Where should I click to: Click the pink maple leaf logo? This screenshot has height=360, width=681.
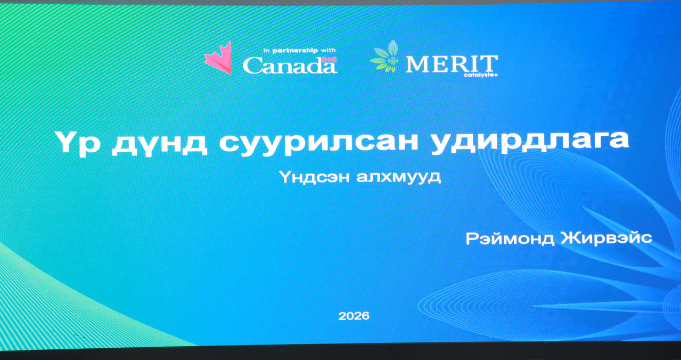pyautogui.click(x=218, y=58)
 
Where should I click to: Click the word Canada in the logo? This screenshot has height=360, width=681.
pyautogui.click(x=290, y=66)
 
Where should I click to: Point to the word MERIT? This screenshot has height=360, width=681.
pyautogui.click(x=452, y=64)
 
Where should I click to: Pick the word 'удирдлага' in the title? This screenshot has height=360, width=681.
pyautogui.click(x=530, y=141)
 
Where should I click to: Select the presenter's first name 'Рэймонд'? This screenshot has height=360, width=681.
pyautogui.click(x=510, y=238)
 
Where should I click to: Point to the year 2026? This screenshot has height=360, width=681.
pyautogui.click(x=354, y=316)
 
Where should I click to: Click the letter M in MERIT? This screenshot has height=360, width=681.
pyautogui.click(x=417, y=64)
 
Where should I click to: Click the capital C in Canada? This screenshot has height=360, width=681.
pyautogui.click(x=252, y=66)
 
